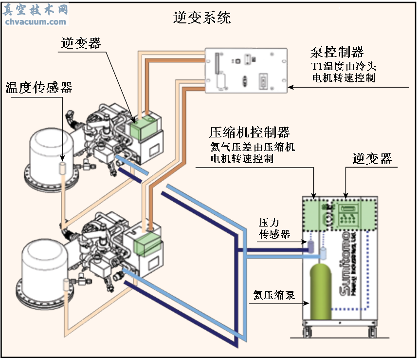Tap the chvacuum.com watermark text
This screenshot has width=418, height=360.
click(35, 21)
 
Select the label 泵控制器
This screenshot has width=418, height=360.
click(337, 52)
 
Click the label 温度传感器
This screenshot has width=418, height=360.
click(39, 88)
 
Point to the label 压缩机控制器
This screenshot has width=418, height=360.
click(250, 133)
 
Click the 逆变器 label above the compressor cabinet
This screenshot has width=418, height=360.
click(372, 159)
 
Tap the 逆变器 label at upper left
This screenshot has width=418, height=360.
click(81, 43)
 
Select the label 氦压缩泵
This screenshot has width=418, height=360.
click(274, 295)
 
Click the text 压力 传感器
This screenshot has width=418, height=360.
click(274, 229)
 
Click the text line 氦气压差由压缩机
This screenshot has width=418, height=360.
click(252, 147)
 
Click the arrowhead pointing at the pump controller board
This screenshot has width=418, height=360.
click(291, 88)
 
